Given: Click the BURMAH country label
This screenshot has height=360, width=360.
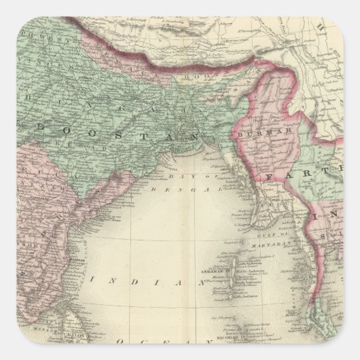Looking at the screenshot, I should (254, 134).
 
